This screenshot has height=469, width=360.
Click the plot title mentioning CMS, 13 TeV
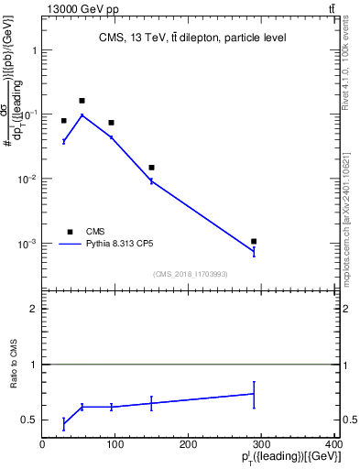pyautogui.click(x=192, y=38)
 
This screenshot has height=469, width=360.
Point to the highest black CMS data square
pyautogui.click(x=82, y=101)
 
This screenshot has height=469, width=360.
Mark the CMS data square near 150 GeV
pyautogui.click(x=151, y=168)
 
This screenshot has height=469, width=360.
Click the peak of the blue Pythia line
pyautogui.click(x=82, y=115)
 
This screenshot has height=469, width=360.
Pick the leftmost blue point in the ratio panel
pyautogui.click(x=63, y=423)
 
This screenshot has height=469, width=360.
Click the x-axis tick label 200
pyautogui.click(x=189, y=444)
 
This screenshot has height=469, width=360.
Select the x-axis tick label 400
pyautogui.click(x=333, y=444)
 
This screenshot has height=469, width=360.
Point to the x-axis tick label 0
pyautogui.click(x=42, y=444)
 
